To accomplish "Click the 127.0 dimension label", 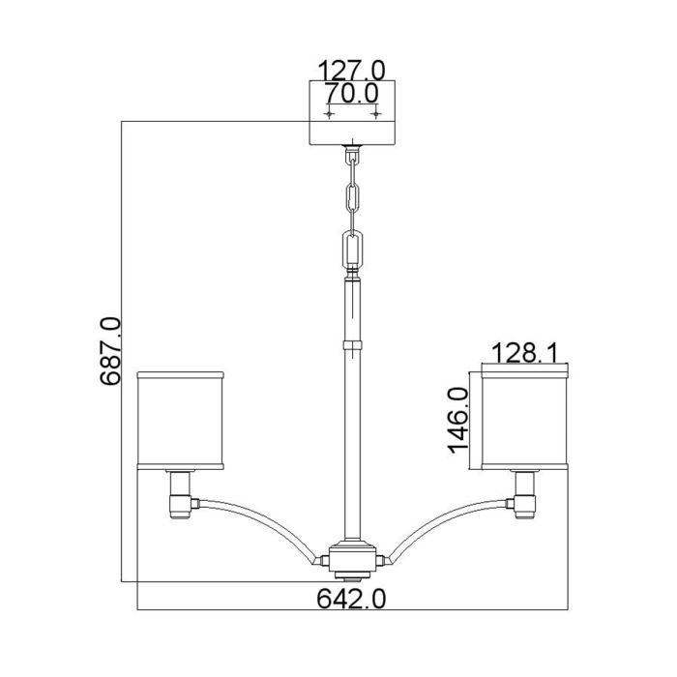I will coord(353,70).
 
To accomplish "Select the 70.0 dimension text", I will coord(353,94).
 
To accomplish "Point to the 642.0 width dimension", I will coord(351,601).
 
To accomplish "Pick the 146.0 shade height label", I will coord(458,418).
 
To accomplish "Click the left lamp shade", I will coord(182,418).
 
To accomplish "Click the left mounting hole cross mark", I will coord(330,113).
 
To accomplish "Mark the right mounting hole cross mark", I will coord(376,113).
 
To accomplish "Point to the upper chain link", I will coord(353,193).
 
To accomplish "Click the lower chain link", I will coord(353,249).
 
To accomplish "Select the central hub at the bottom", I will coord(353,557).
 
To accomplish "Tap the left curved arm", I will coord(261,522).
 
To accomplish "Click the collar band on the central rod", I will coord(353,343).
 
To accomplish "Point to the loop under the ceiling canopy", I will coord(353,153).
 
